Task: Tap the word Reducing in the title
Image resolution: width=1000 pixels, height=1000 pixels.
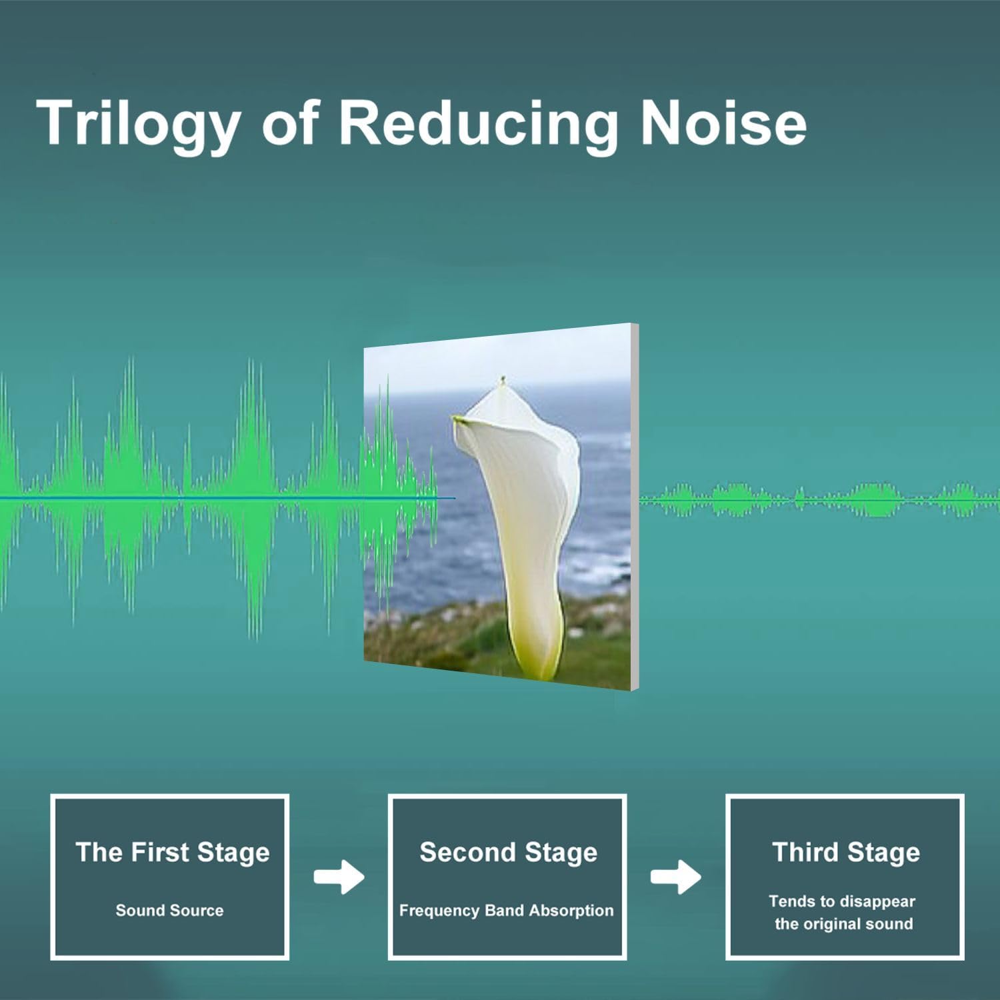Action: (477, 123)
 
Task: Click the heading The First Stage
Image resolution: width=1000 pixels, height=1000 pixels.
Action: (172, 852)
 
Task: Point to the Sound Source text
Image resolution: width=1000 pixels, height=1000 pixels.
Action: (169, 910)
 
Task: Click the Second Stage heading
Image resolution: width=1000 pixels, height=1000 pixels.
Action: (508, 852)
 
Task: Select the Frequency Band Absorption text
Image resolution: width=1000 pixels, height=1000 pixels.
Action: (506, 910)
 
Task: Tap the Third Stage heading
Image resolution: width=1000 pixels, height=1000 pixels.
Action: (845, 852)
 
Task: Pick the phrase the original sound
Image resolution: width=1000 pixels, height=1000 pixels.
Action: (843, 924)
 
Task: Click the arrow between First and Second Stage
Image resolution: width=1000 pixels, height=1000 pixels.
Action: (339, 877)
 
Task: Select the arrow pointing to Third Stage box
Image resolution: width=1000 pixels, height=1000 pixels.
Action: (676, 877)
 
